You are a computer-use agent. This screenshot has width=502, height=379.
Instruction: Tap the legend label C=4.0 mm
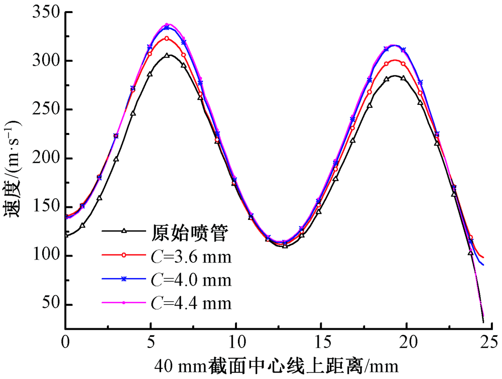[x=191, y=279]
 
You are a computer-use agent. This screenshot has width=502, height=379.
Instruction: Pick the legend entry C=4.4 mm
[x=191, y=303]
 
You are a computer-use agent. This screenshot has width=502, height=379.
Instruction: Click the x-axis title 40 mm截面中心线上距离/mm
[x=279, y=365]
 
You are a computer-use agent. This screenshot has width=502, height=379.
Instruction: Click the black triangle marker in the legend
[x=123, y=231]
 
